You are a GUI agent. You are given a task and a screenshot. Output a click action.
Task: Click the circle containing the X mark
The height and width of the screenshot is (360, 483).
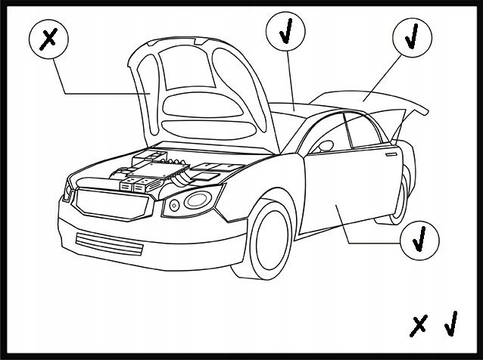[x=49, y=40]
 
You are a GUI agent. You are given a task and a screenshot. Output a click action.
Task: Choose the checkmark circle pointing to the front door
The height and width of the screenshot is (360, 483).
[x=419, y=241]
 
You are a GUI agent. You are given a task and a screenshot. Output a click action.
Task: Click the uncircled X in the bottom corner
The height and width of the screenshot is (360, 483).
[x=418, y=325]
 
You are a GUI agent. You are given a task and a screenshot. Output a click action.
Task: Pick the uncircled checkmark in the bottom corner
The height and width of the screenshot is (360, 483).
[x=450, y=324]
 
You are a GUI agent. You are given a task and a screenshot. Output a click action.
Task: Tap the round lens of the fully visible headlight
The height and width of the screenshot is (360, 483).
[x=198, y=200]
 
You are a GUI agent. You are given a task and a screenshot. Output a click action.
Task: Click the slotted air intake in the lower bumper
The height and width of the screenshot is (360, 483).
[x=110, y=244]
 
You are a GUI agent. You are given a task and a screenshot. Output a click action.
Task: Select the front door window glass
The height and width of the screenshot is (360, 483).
[x=326, y=136]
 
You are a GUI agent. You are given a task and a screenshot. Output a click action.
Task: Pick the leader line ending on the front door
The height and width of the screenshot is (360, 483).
[x=371, y=241]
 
